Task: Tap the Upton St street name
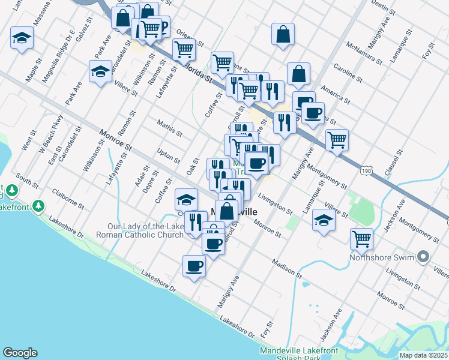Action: pyautogui.click(x=168, y=156)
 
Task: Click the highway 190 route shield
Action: pyautogui.click(x=366, y=172)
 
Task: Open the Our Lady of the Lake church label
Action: pyautogui.click(x=145, y=231)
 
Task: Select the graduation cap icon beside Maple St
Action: pyautogui.click(x=22, y=39)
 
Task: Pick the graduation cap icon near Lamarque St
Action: pyautogui.click(x=324, y=220)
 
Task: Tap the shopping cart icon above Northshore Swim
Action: pyautogui.click(x=362, y=239)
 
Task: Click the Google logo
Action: pyautogui.click(x=20, y=353)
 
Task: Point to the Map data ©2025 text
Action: pyautogui.click(x=424, y=355)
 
